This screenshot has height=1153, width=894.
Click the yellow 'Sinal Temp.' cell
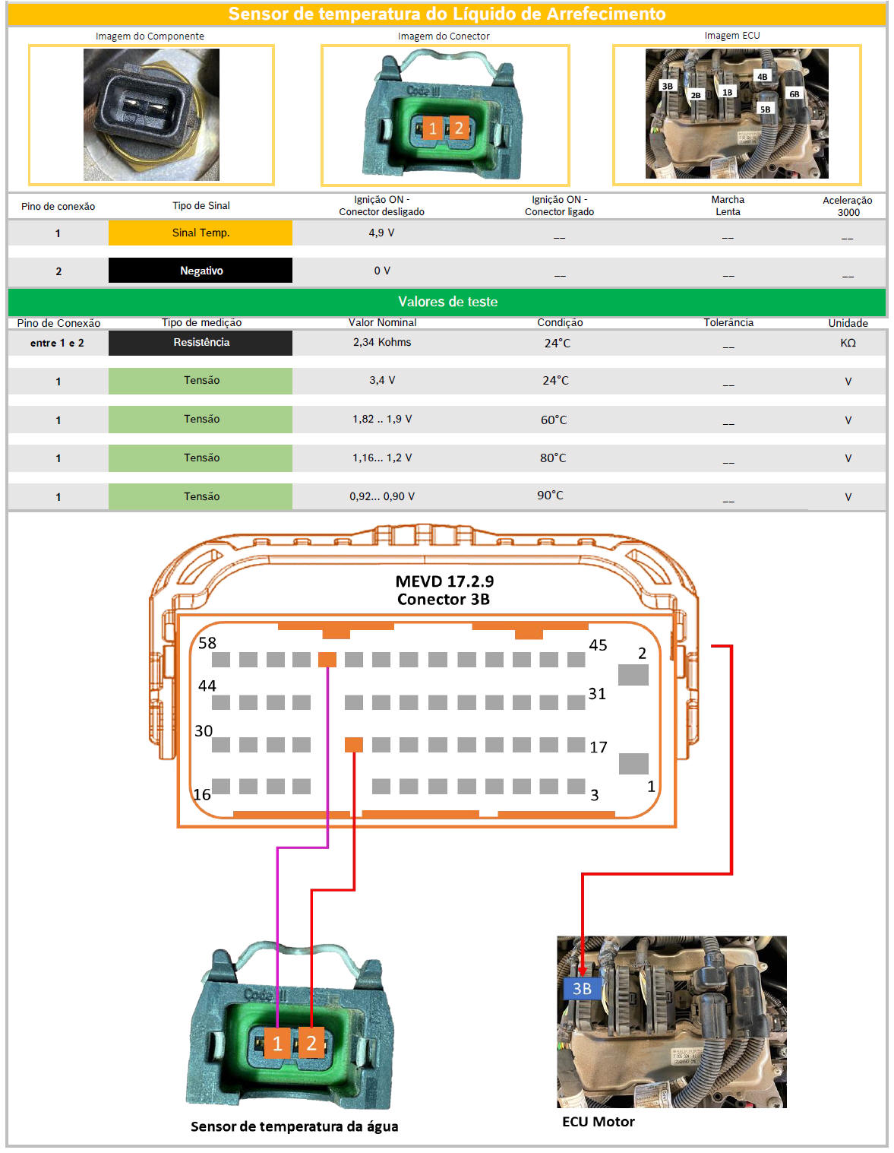click(201, 233)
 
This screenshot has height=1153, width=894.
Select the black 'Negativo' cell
click(201, 271)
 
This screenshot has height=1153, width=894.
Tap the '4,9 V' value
click(381, 233)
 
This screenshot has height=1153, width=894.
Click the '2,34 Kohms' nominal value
click(382, 342)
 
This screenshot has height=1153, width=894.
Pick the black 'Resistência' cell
click(201, 343)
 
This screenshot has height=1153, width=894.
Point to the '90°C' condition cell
click(550, 496)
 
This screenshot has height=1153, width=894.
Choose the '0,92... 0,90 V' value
click(382, 496)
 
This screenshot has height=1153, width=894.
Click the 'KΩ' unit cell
click(848, 343)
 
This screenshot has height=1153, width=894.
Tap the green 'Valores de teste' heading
click(447, 302)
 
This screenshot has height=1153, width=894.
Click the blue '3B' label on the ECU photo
click(582, 989)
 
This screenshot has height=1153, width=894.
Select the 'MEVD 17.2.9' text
click(444, 581)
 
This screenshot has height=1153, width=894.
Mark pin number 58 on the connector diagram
click(207, 643)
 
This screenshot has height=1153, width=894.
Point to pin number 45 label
click(598, 645)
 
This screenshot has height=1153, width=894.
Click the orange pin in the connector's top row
click(327, 659)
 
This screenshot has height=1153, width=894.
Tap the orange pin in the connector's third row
click(354, 745)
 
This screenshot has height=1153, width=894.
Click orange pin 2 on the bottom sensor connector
click(311, 1044)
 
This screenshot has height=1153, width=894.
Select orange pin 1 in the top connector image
click(432, 128)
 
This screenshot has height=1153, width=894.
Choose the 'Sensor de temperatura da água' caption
click(294, 1126)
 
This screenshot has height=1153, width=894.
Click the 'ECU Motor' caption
click(599, 1122)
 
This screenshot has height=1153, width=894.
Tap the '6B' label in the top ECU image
click(794, 94)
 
